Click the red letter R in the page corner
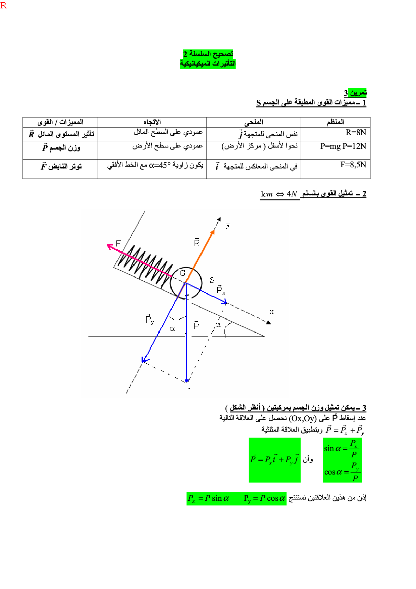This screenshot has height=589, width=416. (4, 5)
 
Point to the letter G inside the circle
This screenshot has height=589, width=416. (183, 273)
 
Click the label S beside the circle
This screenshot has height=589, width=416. (212, 280)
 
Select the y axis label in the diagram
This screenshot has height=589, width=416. (228, 225)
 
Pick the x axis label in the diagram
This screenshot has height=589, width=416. (271, 312)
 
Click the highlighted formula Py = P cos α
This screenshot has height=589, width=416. (264, 498)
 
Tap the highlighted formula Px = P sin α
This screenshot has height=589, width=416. (208, 498)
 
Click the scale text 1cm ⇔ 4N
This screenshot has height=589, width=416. (279, 194)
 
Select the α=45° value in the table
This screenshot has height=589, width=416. (160, 165)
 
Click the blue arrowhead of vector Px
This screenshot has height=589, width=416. (224, 303)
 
